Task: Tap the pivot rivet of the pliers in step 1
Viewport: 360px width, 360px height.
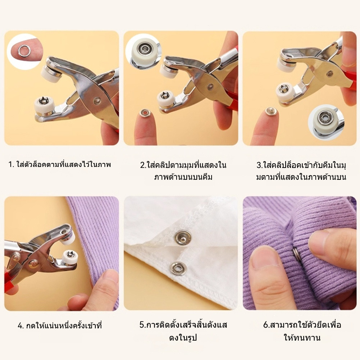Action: (97, 100)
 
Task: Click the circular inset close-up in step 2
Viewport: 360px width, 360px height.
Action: (143, 52)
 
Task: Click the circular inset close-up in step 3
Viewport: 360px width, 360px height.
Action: (326, 122)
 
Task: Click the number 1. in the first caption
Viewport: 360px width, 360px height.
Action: (11, 165)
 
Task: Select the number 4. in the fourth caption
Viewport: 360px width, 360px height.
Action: (21, 326)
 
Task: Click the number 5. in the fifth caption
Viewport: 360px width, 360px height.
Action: (143, 325)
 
